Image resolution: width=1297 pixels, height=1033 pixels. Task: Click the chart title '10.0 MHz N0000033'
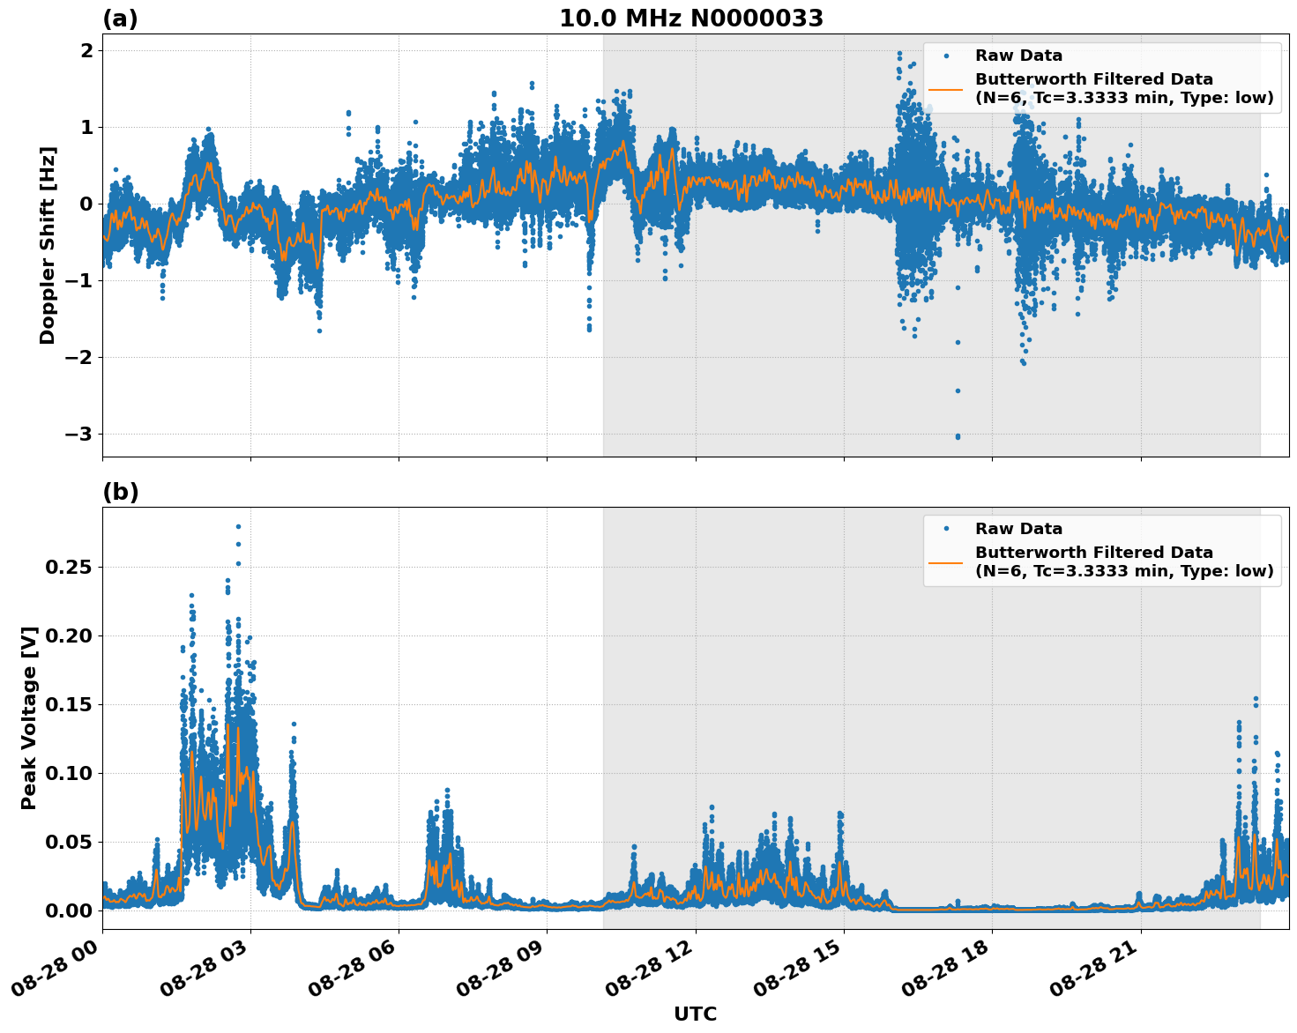691,19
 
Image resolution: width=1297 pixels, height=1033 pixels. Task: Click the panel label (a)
120,19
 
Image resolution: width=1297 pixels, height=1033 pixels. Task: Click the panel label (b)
120,492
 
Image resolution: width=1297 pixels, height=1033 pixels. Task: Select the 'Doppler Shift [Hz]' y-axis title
48,245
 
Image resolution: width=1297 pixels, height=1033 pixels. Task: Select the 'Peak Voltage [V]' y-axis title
29,717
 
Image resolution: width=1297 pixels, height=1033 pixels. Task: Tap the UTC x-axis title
695,1014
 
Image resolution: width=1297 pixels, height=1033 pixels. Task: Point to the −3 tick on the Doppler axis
79,434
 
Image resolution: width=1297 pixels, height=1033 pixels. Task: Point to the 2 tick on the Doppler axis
86,51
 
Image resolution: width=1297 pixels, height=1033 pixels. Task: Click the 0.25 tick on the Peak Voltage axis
69,567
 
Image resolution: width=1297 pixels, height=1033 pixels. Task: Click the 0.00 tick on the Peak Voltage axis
69,910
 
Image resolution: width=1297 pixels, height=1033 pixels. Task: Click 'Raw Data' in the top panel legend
1018,56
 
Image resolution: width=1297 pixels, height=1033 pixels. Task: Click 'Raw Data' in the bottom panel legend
1018,529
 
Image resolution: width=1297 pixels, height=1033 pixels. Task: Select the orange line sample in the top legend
946,89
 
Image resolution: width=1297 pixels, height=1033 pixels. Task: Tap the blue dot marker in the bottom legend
946,529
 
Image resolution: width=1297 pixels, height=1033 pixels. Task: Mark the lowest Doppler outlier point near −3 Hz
958,436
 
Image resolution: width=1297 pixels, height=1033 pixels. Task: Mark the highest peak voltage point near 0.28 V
238,526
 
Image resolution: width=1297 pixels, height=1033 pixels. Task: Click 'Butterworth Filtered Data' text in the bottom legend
1093,553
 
